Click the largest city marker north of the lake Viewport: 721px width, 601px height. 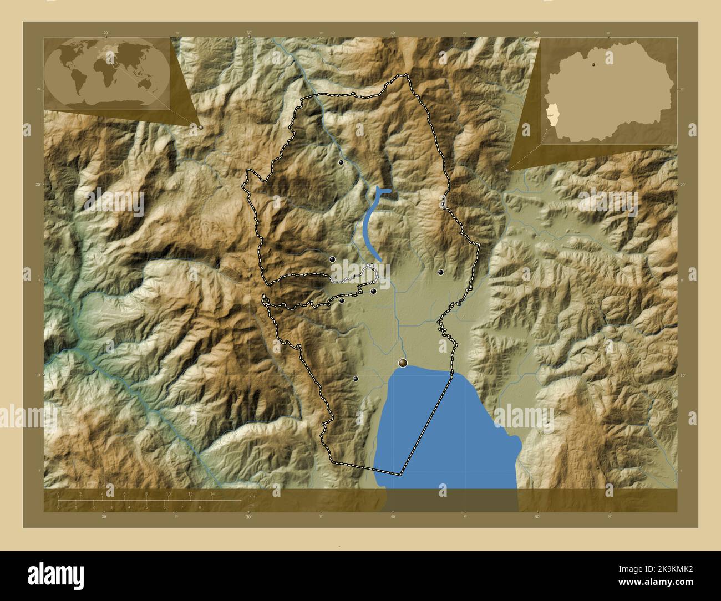click(403, 363)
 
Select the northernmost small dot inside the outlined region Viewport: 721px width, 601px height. click(341, 162)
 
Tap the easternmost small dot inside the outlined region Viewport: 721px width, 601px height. click(440, 272)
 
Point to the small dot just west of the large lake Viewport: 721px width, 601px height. click(356, 379)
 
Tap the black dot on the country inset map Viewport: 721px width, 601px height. click(594, 64)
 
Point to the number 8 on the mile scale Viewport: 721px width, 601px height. click(200, 507)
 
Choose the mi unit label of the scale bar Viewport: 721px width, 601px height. click(251, 505)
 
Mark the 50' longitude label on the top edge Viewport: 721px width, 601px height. click(536, 33)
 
